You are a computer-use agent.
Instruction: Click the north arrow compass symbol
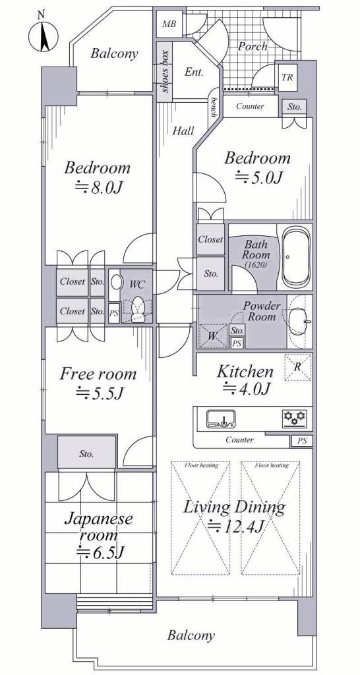tap(43, 36)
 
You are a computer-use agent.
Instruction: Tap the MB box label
tap(169, 24)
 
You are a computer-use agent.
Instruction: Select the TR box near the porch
tap(287, 78)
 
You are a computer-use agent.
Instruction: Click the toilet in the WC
tap(137, 308)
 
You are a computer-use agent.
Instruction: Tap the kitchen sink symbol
tap(221, 419)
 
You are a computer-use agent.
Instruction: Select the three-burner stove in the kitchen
tap(295, 419)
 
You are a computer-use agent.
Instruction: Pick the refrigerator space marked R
tap(297, 367)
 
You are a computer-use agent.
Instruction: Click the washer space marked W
tap(212, 336)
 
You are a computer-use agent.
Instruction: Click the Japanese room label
tap(98, 527)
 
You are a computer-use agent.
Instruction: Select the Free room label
tap(98, 374)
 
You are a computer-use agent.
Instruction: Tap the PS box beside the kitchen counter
tap(302, 441)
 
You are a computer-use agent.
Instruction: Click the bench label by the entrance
tap(213, 107)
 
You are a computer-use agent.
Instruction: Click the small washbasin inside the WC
tap(116, 283)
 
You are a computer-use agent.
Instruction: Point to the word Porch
tap(253, 46)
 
